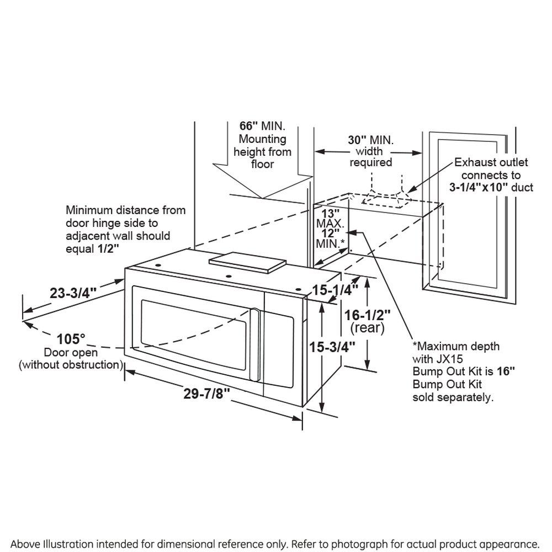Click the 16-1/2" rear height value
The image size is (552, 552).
tap(367, 314)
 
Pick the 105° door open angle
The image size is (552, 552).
tap(71, 338)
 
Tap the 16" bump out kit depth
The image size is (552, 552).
tap(507, 371)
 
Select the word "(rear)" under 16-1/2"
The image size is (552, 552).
tap(367, 328)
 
